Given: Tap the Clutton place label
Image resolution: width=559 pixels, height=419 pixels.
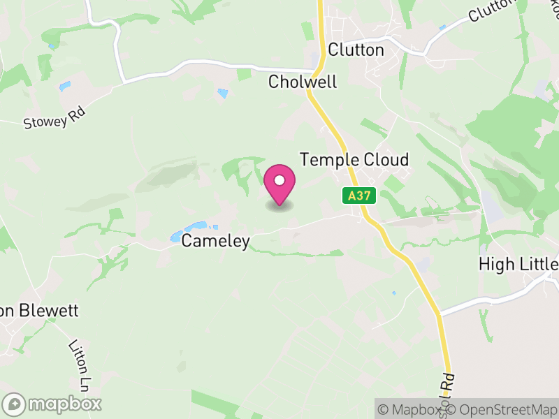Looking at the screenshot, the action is point(356,50).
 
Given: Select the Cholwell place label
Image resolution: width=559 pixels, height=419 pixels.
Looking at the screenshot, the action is point(303,82).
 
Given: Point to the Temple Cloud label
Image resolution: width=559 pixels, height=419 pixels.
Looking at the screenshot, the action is point(354,159).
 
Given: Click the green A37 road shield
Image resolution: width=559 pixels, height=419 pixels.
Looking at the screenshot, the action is point(359,196).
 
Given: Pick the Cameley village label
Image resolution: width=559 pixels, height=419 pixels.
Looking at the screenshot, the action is point(215,241).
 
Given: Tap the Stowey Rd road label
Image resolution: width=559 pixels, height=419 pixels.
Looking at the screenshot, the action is point(55,117).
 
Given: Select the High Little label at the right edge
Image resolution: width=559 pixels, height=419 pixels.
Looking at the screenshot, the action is point(518,264).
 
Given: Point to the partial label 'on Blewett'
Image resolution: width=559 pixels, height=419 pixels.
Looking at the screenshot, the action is point(39,311).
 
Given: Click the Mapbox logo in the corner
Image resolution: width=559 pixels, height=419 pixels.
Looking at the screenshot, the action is point(52,404).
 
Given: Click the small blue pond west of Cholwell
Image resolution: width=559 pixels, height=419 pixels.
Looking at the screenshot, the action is point(222,93).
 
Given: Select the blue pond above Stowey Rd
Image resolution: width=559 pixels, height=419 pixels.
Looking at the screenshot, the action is point(65,87).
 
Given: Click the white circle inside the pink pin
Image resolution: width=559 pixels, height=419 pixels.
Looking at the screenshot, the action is point(279,181).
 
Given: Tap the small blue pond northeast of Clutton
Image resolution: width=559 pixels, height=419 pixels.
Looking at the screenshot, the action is point(442,27).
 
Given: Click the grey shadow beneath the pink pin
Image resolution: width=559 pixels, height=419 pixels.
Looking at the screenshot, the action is point(279,205).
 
